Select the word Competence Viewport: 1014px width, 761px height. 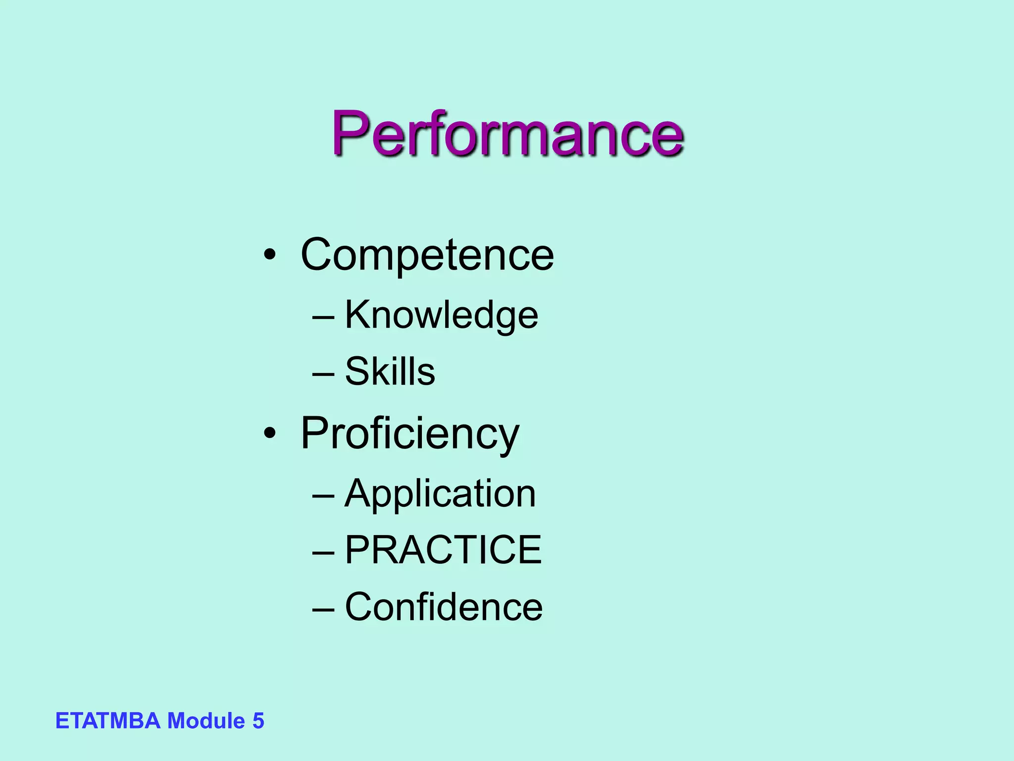(427, 255)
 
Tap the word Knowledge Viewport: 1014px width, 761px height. (441, 315)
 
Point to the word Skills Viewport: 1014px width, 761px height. (390, 372)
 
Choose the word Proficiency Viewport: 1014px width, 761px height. (410, 434)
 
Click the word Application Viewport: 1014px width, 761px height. (440, 494)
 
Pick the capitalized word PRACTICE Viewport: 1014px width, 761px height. (443, 550)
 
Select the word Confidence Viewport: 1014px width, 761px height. (444, 607)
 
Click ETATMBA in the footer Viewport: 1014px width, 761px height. (108, 721)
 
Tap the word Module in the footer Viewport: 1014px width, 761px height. (206, 721)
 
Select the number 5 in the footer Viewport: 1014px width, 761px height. (258, 721)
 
